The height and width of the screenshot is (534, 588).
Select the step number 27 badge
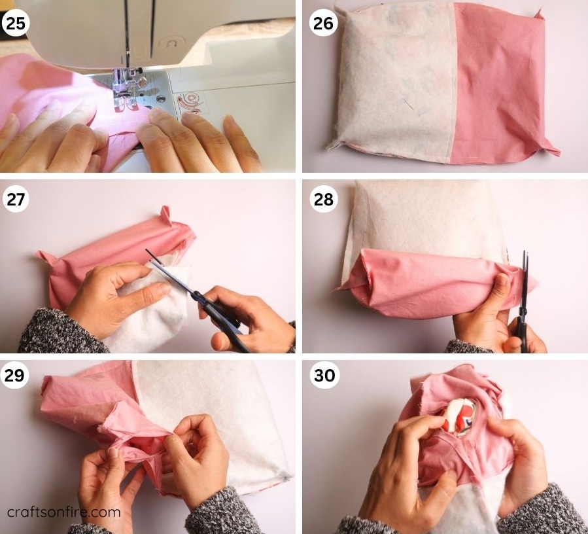click(x=16, y=199)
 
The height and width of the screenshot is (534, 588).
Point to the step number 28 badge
click(x=322, y=199)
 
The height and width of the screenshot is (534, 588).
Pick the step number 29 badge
click(x=16, y=376)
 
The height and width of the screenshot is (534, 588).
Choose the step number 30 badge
click(x=322, y=376)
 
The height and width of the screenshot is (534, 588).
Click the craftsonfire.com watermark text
click(x=64, y=512)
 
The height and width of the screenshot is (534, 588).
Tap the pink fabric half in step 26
click(x=497, y=85)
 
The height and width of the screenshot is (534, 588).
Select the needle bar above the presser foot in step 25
click(x=127, y=39)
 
